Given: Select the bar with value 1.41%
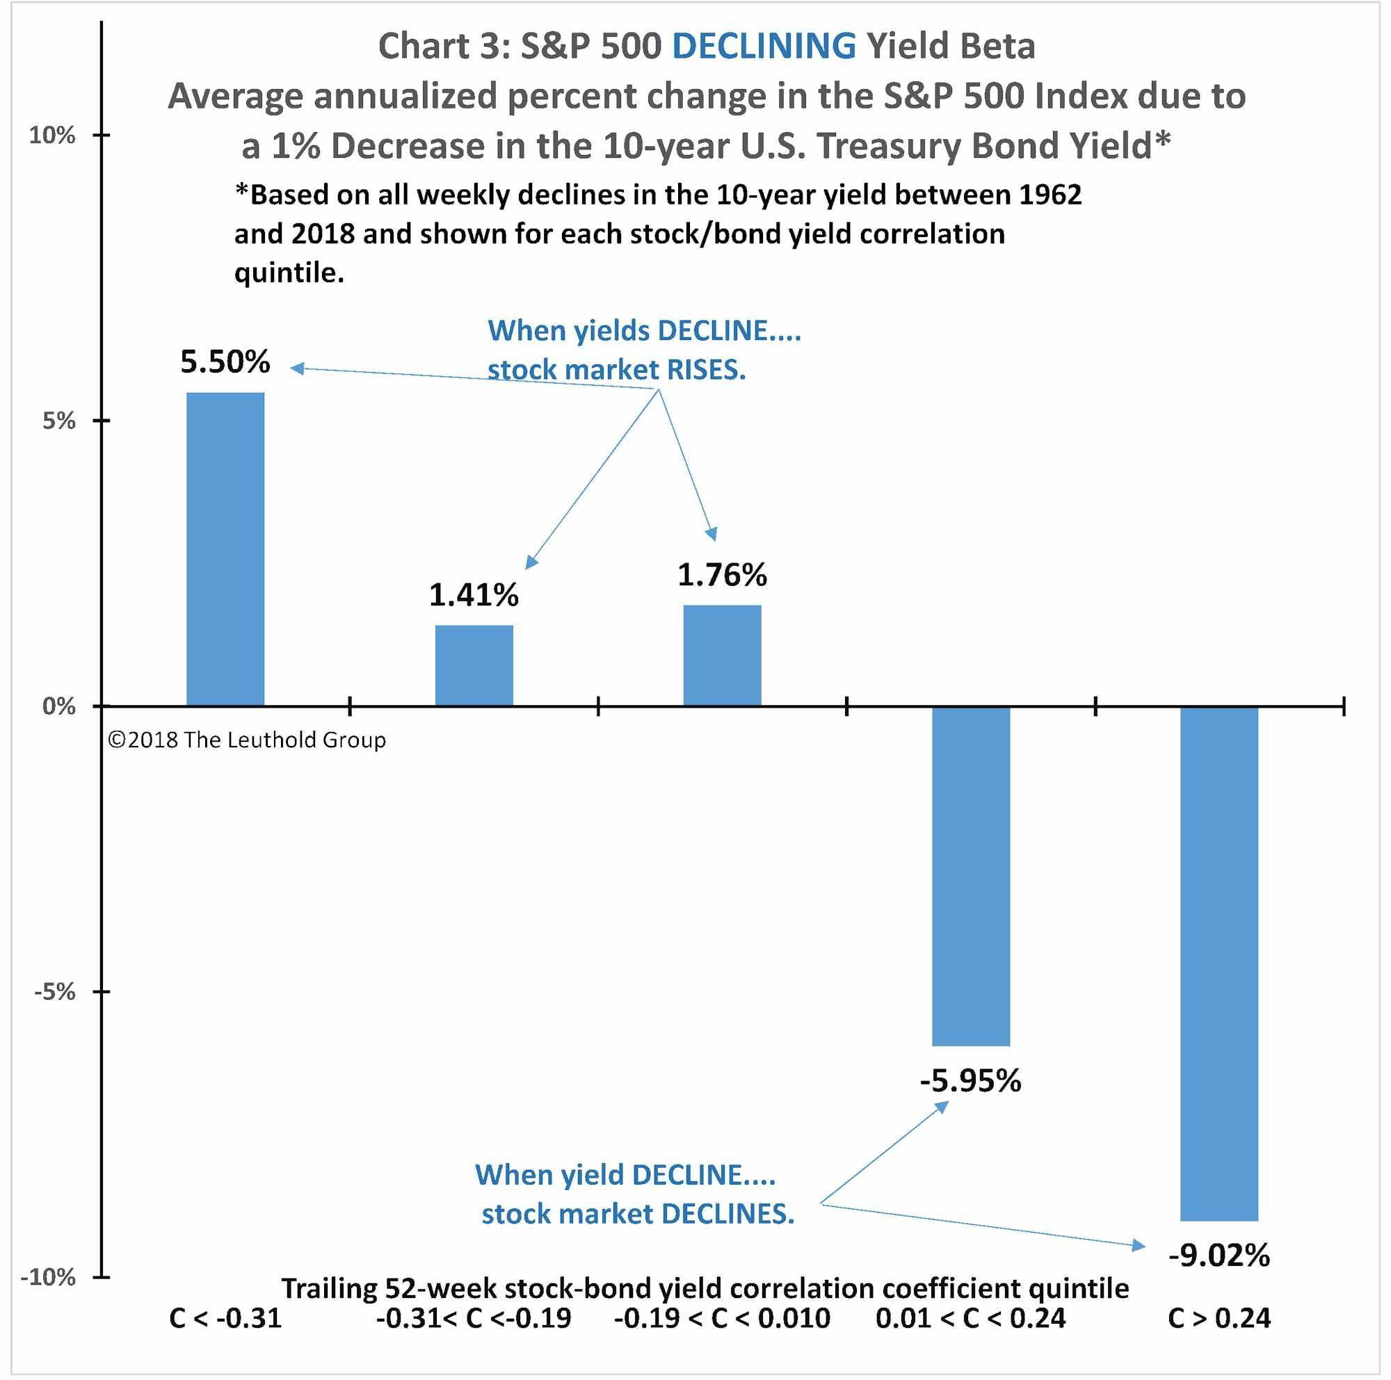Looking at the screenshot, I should [x=474, y=665].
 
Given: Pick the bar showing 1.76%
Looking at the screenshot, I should [x=722, y=656].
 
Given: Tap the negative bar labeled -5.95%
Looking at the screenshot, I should [x=970, y=876].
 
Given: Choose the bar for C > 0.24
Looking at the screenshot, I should [x=1219, y=964].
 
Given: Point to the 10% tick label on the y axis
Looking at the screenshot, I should [x=52, y=136].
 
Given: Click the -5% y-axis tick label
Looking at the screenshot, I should [x=55, y=992].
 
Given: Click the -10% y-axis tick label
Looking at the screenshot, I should [x=48, y=1277].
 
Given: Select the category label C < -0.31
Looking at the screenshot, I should [x=225, y=1318].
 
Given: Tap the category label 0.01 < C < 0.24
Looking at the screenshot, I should [x=970, y=1318].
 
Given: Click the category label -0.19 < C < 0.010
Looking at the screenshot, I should [x=722, y=1318].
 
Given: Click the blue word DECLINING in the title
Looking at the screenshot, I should [x=764, y=46].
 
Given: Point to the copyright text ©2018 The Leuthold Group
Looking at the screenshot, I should [x=246, y=740].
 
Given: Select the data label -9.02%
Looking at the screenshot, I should [x=1219, y=1255].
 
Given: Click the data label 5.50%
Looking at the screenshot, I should [x=225, y=362].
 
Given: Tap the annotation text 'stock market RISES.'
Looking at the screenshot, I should [x=616, y=370].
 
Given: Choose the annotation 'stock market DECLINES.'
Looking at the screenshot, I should [x=638, y=1215].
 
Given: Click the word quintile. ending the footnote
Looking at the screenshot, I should [x=289, y=273].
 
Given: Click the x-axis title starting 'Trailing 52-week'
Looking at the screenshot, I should [x=705, y=1288].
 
